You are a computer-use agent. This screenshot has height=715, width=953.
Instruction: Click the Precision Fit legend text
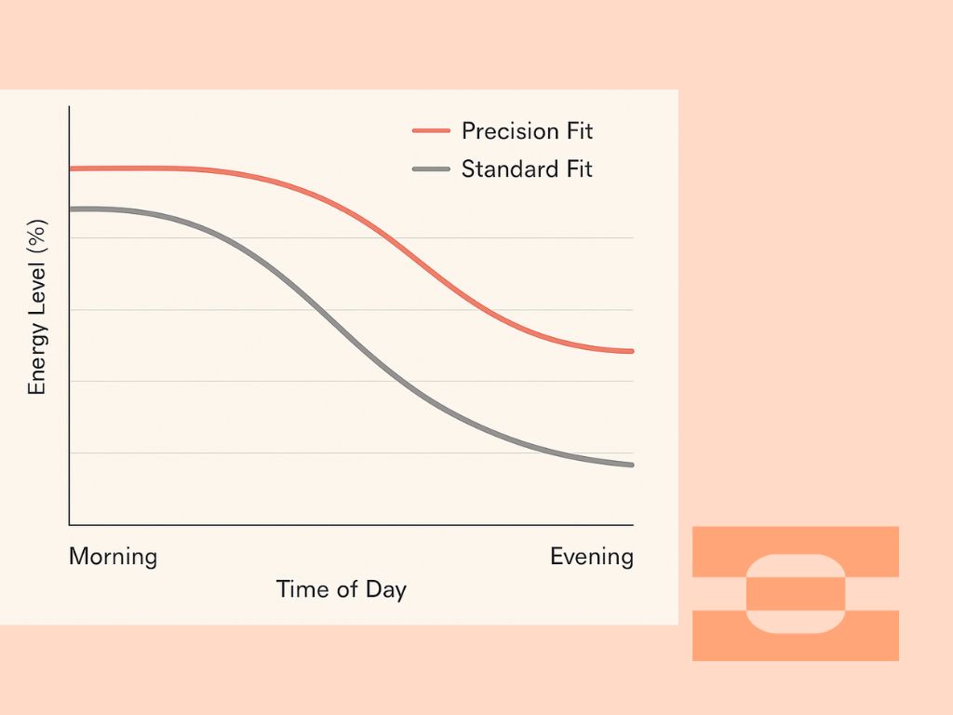(527, 130)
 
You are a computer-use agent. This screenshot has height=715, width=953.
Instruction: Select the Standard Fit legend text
(527, 169)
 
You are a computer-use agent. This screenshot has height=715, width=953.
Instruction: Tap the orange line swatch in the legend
(430, 131)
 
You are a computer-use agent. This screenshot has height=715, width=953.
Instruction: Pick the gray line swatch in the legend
(430, 169)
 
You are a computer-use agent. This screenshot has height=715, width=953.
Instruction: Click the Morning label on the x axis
(113, 557)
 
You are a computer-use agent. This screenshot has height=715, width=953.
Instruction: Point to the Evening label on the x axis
(591, 557)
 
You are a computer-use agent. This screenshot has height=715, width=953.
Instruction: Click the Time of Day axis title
(341, 589)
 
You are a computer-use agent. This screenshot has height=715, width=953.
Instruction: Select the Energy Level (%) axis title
(37, 315)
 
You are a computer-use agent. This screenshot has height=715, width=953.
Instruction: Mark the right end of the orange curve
(632, 351)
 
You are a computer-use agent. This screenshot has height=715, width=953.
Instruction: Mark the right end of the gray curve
(632, 465)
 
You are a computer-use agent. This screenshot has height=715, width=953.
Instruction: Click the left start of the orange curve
(72, 169)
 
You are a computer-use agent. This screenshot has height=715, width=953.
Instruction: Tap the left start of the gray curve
(72, 209)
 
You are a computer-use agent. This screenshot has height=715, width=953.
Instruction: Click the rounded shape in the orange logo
(796, 594)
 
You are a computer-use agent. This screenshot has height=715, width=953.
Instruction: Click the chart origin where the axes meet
(70, 524)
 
